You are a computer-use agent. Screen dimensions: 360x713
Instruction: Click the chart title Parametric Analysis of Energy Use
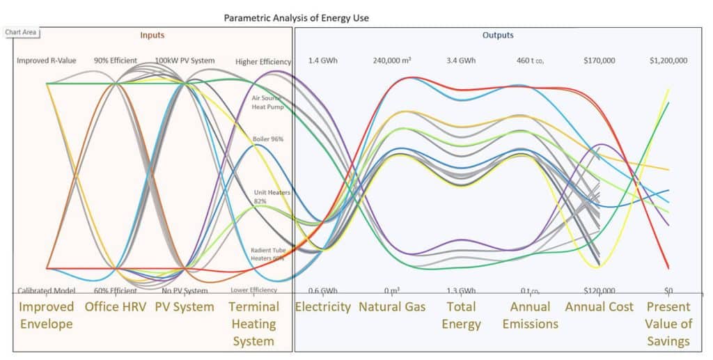coord(296,17)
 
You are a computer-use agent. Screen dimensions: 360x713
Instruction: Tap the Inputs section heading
coord(152,35)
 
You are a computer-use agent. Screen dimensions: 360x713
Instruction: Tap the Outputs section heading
coord(498,35)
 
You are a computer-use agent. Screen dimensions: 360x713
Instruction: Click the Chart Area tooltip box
coord(21,32)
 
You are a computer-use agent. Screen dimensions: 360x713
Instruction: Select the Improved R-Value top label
coord(47,61)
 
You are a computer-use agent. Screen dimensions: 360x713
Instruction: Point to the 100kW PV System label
coord(185,61)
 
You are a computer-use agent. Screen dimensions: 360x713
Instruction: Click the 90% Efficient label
coord(116,61)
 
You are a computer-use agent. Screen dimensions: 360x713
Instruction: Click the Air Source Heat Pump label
coord(268,102)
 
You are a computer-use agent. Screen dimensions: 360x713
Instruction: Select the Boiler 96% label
coord(268,139)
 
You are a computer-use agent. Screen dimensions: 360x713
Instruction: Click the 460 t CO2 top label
coord(530,61)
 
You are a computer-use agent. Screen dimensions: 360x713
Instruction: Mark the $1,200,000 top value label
coord(668,61)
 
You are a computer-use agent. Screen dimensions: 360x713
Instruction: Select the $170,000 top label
coord(599,61)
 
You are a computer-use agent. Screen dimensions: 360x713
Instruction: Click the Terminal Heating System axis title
coord(254,324)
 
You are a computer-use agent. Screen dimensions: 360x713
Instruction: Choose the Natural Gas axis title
coord(392,307)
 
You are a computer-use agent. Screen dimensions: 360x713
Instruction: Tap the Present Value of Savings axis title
coord(668,324)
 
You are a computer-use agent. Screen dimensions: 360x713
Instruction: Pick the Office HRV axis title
coord(116,307)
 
